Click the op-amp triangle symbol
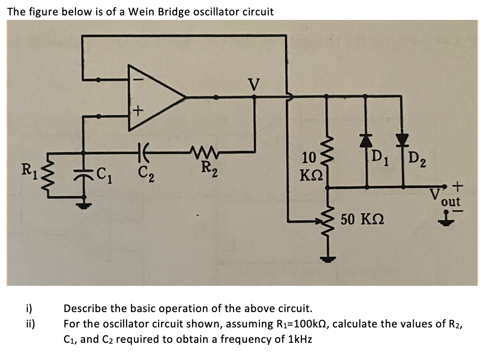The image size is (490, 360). click(154, 96)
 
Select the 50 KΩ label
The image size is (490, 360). click(360, 220)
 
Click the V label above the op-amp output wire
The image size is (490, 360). click(254, 85)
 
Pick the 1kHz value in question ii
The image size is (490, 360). click(299, 339)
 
